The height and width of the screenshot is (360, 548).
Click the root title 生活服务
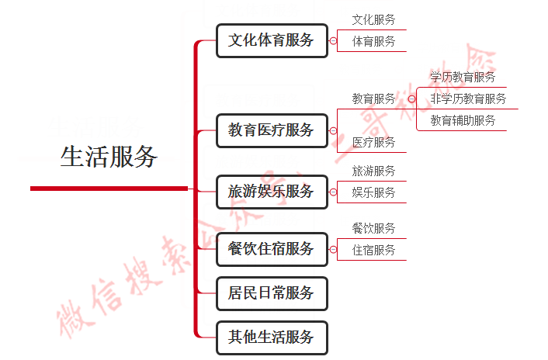click(109, 157)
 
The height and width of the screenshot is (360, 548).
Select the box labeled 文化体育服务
click(272, 40)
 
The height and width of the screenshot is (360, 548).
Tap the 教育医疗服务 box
click(272, 130)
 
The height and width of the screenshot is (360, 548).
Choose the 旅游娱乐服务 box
click(272, 191)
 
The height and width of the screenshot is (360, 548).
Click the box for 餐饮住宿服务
click(272, 249)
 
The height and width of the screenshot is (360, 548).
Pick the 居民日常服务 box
click(272, 293)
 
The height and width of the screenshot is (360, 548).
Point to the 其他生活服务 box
click(272, 337)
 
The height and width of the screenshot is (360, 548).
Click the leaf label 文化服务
click(373, 19)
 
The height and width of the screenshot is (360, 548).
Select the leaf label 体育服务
click(373, 41)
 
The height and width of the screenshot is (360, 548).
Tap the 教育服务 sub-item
click(373, 99)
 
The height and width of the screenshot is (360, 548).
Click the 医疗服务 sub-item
click(373, 142)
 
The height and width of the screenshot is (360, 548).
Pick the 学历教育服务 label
click(463, 77)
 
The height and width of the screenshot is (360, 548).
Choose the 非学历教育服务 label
click(468, 99)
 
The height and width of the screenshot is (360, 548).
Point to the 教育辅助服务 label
click(463, 120)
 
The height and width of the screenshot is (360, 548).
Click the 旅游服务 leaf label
click(373, 171)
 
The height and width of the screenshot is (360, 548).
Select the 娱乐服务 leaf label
click(373, 192)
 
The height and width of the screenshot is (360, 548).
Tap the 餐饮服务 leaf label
click(373, 228)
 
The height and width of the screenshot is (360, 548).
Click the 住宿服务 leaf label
click(373, 250)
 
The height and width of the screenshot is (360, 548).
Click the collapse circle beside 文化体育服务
click(333, 41)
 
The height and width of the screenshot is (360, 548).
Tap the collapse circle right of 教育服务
click(411, 99)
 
